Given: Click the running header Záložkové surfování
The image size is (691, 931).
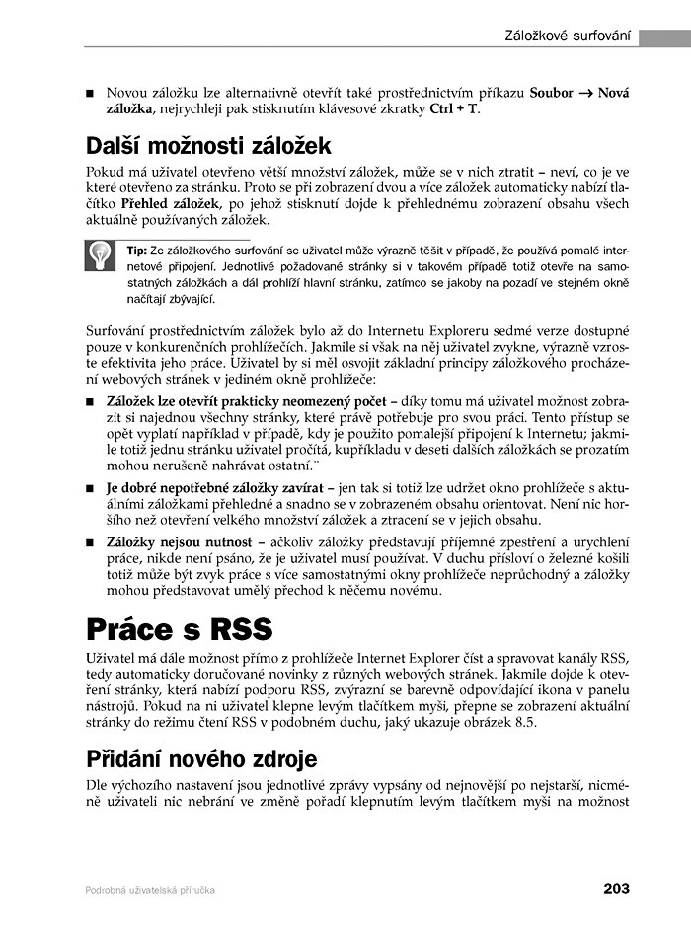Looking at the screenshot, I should click(x=568, y=36).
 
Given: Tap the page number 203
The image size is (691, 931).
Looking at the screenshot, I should click(x=616, y=889).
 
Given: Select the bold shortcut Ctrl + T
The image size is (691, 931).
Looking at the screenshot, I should click(x=453, y=108).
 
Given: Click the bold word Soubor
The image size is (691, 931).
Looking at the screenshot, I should click(x=551, y=92).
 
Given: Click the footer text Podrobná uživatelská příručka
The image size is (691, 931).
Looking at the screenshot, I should click(x=150, y=890).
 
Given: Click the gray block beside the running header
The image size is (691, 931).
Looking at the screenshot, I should click(x=663, y=37).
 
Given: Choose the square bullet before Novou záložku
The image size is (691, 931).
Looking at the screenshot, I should click(x=91, y=93).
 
